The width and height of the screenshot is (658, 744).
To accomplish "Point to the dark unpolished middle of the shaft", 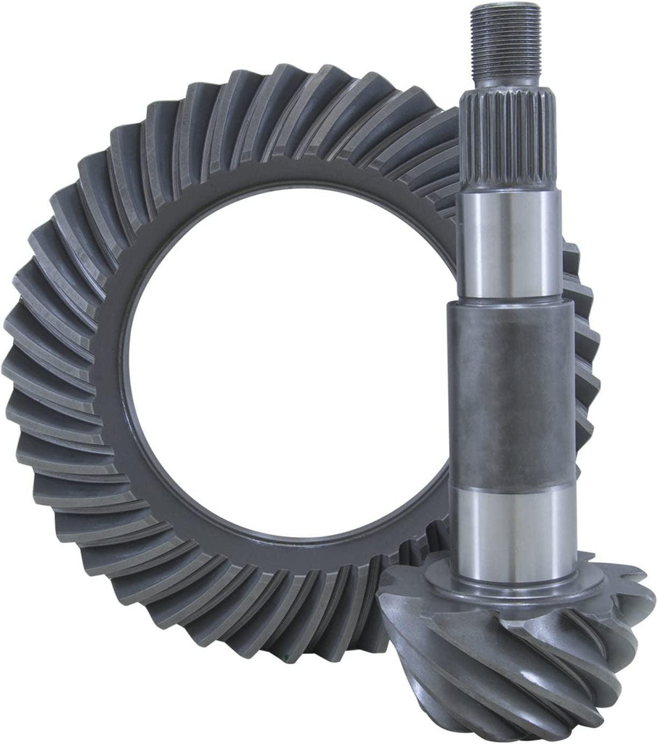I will (508, 385).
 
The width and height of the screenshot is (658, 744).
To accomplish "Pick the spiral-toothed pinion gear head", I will (523, 654).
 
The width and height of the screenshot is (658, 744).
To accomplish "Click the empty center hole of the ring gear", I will (291, 378).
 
